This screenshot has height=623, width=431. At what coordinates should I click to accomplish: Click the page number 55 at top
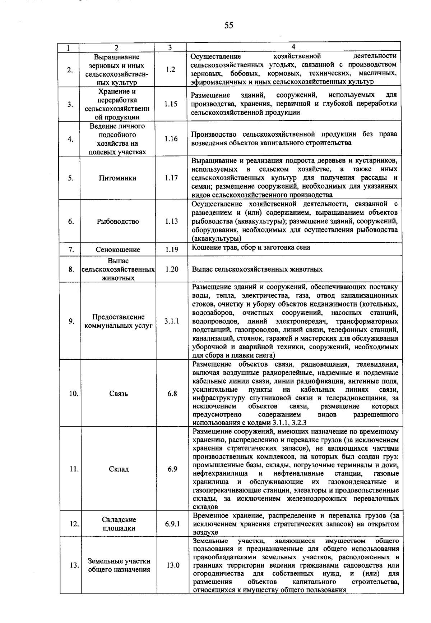coord(229,25)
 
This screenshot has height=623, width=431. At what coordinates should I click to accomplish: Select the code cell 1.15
coord(171,104)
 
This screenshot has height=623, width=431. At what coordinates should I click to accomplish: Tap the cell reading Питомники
coord(117,178)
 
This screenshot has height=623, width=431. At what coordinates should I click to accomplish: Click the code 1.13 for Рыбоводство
coord(171,221)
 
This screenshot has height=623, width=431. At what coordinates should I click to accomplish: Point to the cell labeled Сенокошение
coord(118,249)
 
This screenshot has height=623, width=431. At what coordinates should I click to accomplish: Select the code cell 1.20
coord(172,269)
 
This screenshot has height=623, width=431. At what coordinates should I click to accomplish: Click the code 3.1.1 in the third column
coord(172,321)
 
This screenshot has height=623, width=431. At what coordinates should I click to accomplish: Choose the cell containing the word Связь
coord(118,394)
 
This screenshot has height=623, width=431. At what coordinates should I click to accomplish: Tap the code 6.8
coord(172,394)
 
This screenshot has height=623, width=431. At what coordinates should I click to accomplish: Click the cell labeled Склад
coord(119,469)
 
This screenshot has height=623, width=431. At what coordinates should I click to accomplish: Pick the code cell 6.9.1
coord(172,524)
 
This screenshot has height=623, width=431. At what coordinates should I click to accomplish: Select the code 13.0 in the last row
coord(173,565)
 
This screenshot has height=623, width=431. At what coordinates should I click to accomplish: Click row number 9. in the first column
coord(72,321)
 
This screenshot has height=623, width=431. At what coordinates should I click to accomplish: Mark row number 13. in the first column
coord(74,565)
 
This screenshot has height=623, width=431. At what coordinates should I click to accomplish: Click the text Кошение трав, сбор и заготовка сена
coord(251,247)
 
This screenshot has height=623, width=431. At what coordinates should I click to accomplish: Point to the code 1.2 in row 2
coord(171,69)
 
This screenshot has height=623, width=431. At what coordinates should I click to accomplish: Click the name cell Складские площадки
coord(119,524)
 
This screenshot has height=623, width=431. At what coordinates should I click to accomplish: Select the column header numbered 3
coord(170,47)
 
